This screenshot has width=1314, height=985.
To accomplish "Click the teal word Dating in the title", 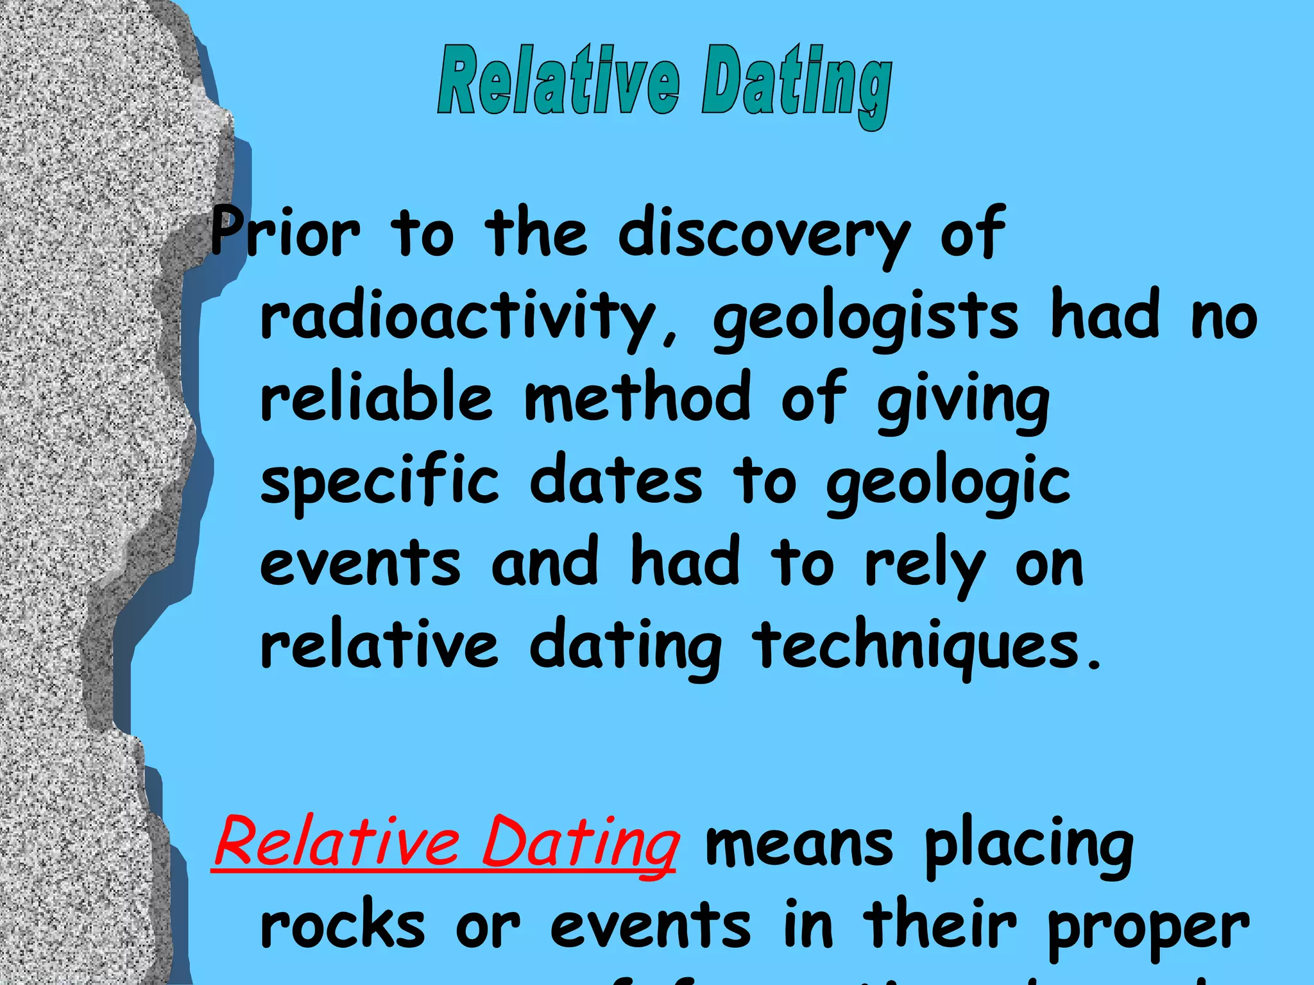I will pyautogui.click(x=796, y=87).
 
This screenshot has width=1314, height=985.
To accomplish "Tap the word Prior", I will pyautogui.click(x=286, y=232).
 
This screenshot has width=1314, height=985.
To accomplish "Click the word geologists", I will pyautogui.click(x=866, y=319).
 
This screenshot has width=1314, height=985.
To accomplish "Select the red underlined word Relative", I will pyautogui.click(x=337, y=842).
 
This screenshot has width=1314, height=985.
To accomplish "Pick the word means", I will pyautogui.click(x=799, y=845).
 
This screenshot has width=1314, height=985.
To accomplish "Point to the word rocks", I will pyautogui.click(x=343, y=927).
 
